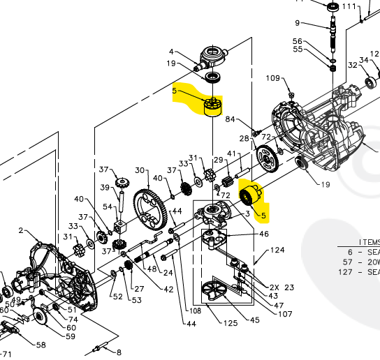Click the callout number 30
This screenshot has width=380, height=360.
139,170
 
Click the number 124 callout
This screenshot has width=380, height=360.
278,250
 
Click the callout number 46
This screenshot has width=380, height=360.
264,234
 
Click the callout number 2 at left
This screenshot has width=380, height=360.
21,230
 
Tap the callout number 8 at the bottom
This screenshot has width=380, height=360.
119,352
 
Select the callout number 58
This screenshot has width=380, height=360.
41,345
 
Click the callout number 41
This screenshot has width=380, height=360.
231,153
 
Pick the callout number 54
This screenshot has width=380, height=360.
107,207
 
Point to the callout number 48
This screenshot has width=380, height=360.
152,269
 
